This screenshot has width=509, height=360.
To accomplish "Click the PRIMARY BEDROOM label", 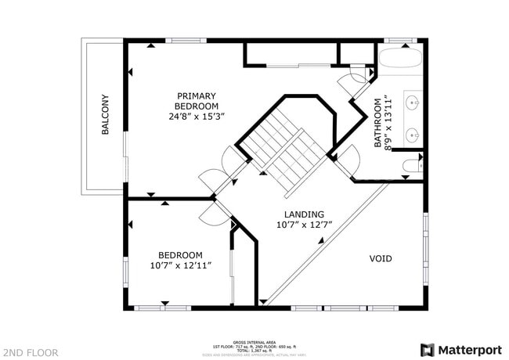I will pyautogui.click(x=197, y=100).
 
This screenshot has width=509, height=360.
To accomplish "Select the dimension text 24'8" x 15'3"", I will pyautogui.click(x=197, y=116).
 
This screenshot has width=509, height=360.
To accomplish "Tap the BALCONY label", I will pyautogui.click(x=105, y=115).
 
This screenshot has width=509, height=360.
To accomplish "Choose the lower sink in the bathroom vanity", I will pyautogui.click(x=413, y=134).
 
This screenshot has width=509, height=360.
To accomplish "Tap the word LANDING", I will pyautogui.click(x=305, y=213).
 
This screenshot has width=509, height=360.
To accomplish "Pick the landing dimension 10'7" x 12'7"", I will pyautogui.click(x=305, y=225).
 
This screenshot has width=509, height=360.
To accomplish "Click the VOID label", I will pyautogui.click(x=381, y=258).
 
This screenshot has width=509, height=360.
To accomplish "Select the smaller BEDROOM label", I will pyautogui.click(x=180, y=255).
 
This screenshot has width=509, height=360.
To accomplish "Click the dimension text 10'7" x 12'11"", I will pyautogui.click(x=180, y=266).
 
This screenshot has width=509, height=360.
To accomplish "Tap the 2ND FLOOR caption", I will pyautogui.click(x=30, y=352).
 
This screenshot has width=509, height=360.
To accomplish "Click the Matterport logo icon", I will pyautogui.click(x=428, y=350).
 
